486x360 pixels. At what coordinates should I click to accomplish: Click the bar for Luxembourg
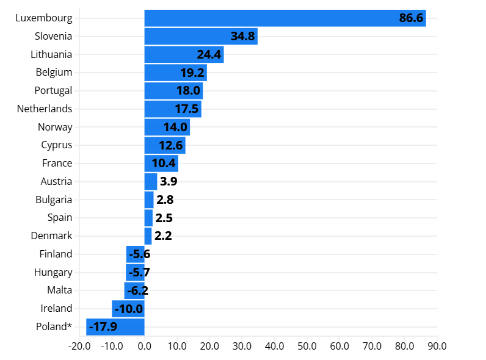(285, 18)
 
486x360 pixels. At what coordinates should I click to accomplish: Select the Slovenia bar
(201, 37)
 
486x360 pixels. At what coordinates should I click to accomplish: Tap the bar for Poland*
(115, 327)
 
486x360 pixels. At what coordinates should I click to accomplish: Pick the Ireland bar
(128, 309)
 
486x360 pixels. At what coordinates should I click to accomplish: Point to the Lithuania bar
(184, 54)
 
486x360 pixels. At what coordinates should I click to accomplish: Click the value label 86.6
(411, 18)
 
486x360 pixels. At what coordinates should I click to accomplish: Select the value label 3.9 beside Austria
(169, 182)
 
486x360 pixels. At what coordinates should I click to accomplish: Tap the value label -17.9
(103, 327)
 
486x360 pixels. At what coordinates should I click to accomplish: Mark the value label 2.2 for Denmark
(163, 236)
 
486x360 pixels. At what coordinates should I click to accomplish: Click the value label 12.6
(171, 145)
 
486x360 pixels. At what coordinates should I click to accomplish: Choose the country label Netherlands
(45, 109)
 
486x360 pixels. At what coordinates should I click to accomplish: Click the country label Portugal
(53, 90)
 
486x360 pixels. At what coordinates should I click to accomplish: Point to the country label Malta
(59, 290)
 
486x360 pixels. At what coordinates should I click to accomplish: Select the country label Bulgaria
(53, 200)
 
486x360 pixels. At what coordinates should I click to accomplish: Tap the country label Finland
(56, 254)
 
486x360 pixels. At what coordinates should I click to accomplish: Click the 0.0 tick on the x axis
(145, 346)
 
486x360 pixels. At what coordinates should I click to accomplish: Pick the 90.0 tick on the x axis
(437, 346)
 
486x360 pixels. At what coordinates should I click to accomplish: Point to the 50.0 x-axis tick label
(307, 346)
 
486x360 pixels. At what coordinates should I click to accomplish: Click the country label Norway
(55, 127)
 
